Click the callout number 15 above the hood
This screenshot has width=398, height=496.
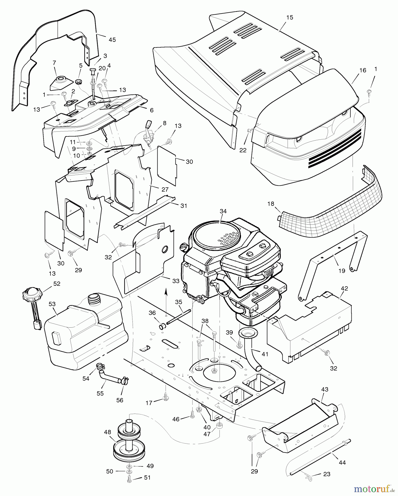289,17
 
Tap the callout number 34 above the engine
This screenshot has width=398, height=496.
223,211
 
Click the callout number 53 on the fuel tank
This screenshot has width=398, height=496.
52,304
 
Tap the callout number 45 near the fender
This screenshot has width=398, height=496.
112,40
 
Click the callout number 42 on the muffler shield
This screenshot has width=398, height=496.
344,289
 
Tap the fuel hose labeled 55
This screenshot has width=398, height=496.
109,376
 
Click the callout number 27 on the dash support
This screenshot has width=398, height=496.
165,189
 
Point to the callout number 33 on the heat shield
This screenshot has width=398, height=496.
176,281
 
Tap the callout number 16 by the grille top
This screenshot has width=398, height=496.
363,70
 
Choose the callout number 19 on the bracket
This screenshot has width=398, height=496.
342,271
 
